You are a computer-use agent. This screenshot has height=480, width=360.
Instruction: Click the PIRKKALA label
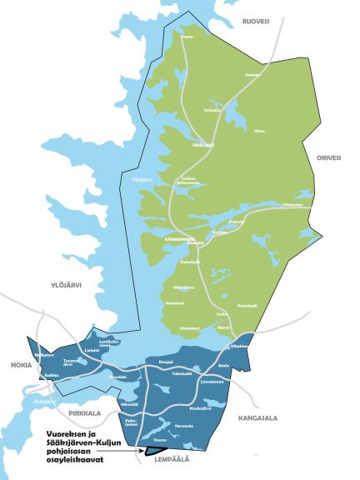click(x=85, y=413)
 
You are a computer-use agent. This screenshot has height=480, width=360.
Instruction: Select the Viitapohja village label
click(x=293, y=203)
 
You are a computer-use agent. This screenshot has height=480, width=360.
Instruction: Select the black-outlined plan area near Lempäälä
click(x=156, y=451)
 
